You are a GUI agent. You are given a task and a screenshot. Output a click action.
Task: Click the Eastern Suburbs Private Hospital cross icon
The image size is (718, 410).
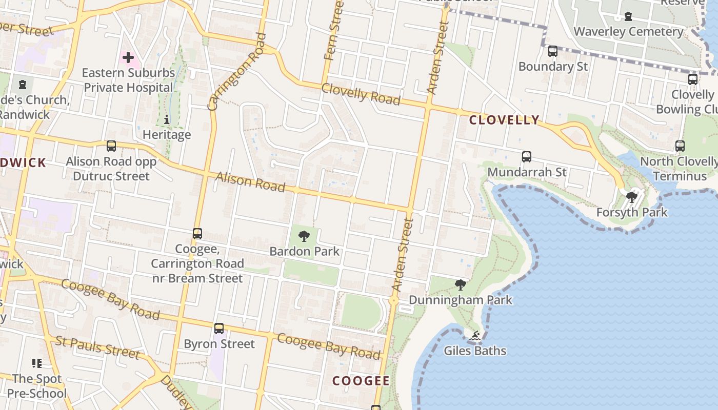point(128,57)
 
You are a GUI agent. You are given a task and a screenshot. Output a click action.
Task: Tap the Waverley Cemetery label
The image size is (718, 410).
point(628,32)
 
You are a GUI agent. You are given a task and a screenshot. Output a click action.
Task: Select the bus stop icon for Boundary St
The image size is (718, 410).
point(552,51)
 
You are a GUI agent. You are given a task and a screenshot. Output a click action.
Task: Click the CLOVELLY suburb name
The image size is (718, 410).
point(504,120)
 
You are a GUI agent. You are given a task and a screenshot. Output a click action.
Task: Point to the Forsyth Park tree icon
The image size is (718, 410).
point(631,197)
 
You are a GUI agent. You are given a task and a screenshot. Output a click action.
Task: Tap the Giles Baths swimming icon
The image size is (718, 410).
point(475,336)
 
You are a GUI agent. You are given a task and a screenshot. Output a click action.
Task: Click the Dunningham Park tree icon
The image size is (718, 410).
point(460,285)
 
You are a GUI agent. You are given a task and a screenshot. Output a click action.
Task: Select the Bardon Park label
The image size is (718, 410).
point(305,251)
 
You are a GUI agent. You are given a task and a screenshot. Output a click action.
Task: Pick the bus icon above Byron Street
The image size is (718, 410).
point(219,329)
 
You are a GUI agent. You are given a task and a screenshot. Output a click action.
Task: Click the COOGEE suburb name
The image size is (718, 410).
point(361,381)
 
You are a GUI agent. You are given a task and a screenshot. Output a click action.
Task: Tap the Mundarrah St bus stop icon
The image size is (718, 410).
point(526,157)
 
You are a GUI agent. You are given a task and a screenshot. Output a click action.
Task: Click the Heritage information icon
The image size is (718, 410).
point(166,120)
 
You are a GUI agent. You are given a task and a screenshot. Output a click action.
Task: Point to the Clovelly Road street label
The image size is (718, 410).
point(361,94)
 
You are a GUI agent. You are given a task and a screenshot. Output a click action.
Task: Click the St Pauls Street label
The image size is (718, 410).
point(97,347)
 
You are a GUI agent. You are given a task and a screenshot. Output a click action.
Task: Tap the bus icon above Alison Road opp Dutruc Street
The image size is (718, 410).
point(111,146)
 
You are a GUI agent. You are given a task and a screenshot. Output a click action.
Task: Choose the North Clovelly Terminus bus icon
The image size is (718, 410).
point(680,146)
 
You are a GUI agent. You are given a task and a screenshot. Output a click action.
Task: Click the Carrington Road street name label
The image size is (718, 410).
point(237,72)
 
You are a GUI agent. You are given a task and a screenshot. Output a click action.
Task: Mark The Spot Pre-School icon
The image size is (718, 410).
point(36,363)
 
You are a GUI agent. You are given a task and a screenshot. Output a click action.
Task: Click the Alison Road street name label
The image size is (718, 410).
point(250,182)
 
